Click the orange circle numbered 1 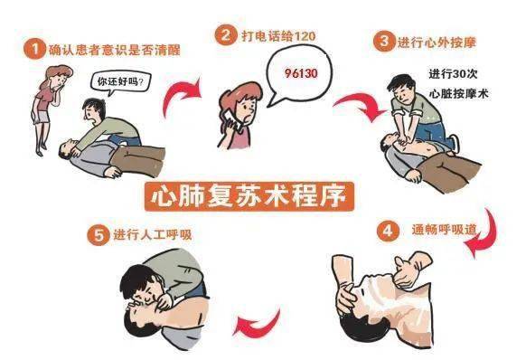tap(34, 49)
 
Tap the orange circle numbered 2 tap(226, 35)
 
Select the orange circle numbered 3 tap(384, 41)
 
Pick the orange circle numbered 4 tap(388, 231)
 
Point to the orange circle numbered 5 tap(99, 234)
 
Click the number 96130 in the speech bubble tap(301, 73)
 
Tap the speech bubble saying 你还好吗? tap(120, 82)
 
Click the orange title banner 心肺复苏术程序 tap(249, 196)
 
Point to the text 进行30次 tap(453, 73)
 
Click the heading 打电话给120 tap(278, 35)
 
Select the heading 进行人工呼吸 tap(153, 234)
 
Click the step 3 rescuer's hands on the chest tap(407, 138)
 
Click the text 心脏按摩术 tap(458, 93)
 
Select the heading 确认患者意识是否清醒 tap(115, 50)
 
